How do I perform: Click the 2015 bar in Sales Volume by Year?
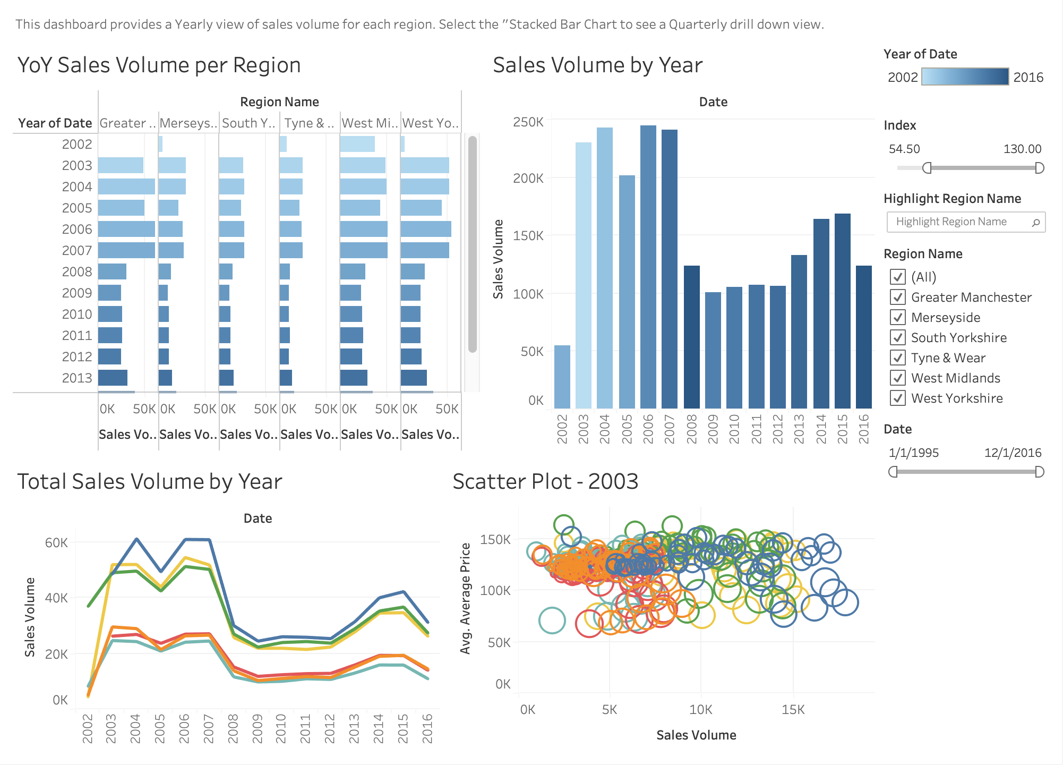click(843, 311)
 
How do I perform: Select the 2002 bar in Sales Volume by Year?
click(562, 377)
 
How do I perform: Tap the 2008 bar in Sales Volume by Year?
click(692, 337)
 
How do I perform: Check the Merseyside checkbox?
click(898, 317)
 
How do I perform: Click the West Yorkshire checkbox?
click(898, 398)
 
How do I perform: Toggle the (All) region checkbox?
click(898, 277)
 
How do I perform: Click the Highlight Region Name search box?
click(966, 222)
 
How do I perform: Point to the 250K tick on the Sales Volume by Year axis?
click(528, 122)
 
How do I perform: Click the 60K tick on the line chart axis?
click(57, 542)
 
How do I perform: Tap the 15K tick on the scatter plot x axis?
click(793, 709)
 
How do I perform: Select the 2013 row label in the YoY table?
click(77, 378)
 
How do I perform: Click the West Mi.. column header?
click(370, 123)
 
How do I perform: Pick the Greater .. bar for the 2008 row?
click(112, 271)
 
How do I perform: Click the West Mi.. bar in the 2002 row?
click(357, 144)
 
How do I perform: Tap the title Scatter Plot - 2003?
click(545, 481)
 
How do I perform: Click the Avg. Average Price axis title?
click(466, 598)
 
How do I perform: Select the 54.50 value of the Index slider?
click(904, 149)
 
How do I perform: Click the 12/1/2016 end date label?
click(1013, 453)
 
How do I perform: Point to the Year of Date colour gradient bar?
click(965, 76)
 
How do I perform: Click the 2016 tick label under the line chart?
click(427, 728)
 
